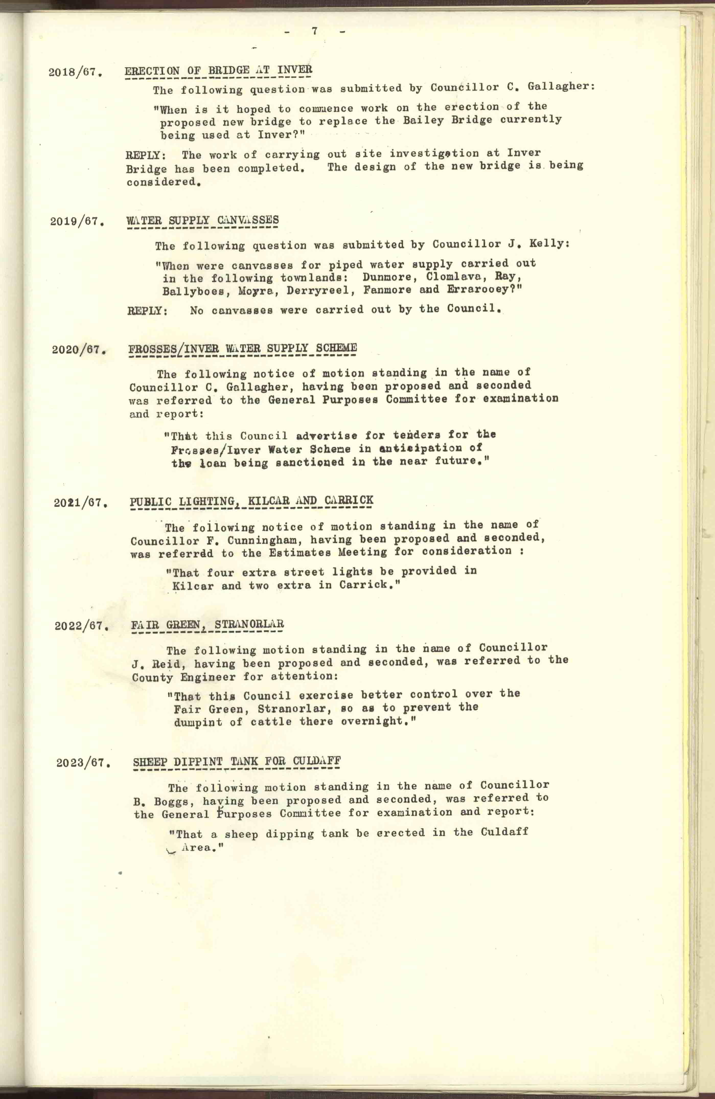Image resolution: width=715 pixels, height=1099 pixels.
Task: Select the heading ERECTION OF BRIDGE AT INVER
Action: (218, 70)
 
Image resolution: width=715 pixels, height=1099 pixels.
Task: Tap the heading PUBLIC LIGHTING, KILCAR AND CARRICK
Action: (251, 501)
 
